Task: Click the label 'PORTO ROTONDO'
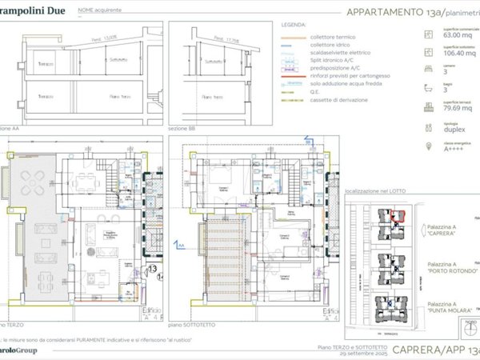click(454, 270)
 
